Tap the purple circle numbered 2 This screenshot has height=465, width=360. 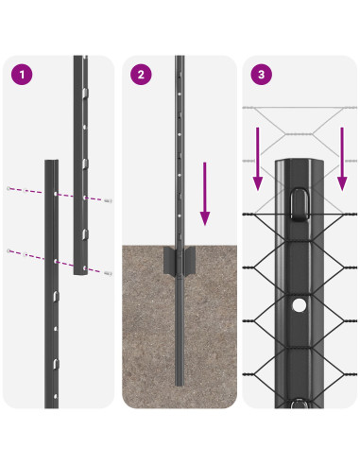point(141,74)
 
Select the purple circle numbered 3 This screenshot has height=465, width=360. point(261,74)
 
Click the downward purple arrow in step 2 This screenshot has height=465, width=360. point(203,194)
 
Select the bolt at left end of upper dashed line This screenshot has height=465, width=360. point(9,188)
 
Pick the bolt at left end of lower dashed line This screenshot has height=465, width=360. point(9,250)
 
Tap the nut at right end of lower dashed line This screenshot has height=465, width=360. point(110,274)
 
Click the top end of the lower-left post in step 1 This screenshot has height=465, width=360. point(51,163)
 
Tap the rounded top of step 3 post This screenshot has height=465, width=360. point(300,163)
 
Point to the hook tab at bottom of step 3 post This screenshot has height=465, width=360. point(300,405)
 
